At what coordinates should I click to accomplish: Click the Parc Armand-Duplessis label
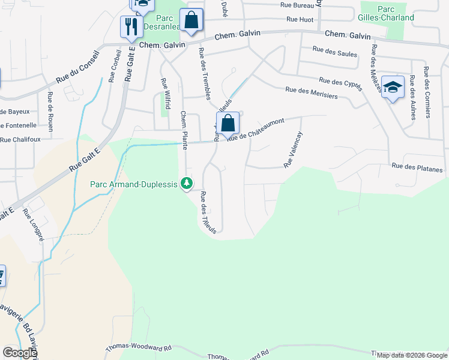[x=133, y=184]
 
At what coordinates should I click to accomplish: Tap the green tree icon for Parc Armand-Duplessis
[x=187, y=184]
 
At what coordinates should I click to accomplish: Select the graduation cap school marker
[x=393, y=88]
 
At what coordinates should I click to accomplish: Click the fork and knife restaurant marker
[x=131, y=27]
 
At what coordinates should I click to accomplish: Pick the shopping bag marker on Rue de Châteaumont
[x=228, y=124]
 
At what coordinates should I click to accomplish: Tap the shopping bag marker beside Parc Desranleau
[x=191, y=19]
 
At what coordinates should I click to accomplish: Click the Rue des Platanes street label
[x=417, y=167]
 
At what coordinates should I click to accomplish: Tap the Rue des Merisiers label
[x=311, y=92]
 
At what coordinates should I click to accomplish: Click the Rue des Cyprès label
[x=341, y=84]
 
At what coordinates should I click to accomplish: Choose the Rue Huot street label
[x=300, y=20]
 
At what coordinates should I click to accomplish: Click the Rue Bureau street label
[x=298, y=5]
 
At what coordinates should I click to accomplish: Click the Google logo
[x=20, y=353]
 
